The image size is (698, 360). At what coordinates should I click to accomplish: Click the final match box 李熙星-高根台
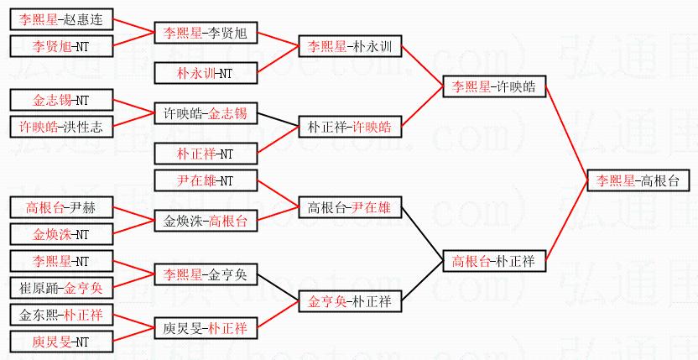coord(638,180)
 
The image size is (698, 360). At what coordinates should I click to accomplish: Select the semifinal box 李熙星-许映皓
coord(494,86)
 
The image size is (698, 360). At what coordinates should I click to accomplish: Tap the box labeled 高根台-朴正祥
coord(494,261)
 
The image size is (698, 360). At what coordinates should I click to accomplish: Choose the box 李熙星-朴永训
coord(350,47)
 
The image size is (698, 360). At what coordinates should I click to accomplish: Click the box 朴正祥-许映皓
coord(350,128)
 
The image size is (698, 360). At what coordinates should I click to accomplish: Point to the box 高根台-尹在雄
coord(350,207)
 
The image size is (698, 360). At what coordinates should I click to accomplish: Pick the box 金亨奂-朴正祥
coord(350,300)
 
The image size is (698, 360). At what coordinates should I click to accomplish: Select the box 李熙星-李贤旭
coord(206,34)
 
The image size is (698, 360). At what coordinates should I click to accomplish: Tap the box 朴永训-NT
coord(206,73)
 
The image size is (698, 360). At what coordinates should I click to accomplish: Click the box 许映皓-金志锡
coord(206,113)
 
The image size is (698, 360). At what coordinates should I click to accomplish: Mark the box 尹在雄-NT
coord(206,180)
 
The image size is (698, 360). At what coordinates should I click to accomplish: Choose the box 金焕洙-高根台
coord(206,221)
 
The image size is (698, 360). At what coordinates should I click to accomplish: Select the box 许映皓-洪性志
coord(60,127)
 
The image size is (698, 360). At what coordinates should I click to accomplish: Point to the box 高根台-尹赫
coord(60,207)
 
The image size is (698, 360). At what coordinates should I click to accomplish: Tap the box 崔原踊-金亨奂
coord(60,287)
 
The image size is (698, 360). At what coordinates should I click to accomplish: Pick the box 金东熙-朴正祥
coord(60,315)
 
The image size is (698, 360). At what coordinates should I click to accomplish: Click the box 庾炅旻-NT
coord(60,342)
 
